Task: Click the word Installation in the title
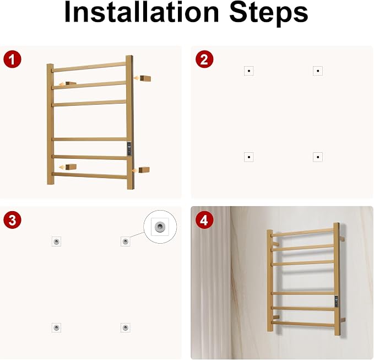[142, 12]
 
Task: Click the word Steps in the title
[269, 14]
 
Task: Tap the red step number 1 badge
[12, 59]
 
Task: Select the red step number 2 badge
[204, 59]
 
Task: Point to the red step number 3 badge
[12, 220]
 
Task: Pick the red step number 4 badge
[204, 220]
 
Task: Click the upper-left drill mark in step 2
[249, 71]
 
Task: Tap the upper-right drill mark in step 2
[318, 71]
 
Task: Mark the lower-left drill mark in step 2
[249, 157]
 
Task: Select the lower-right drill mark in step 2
[318, 157]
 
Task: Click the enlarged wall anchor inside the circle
[160, 227]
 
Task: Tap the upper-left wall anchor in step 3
[56, 241]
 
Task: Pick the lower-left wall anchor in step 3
[56, 327]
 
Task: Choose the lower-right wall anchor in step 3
[125, 327]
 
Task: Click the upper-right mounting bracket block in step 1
[145, 78]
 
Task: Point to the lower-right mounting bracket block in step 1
[144, 170]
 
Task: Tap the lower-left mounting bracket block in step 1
[71, 166]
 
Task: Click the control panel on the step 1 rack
[129, 149]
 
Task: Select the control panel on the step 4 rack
[337, 302]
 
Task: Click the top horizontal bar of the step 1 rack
[89, 67]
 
